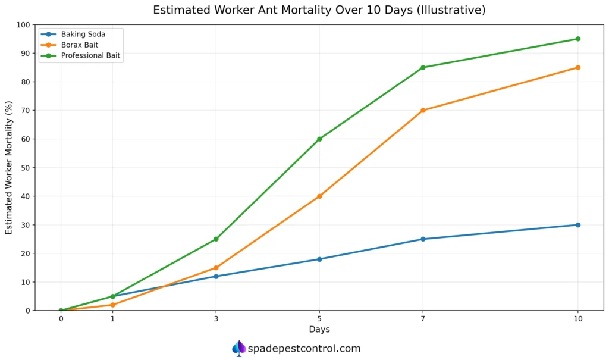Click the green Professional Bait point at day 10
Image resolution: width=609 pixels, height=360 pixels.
coord(577,39)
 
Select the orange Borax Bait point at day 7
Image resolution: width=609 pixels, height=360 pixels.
coord(423,110)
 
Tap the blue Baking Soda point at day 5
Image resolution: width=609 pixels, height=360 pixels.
coord(319,259)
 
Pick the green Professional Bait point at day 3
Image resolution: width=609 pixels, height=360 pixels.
coord(216,239)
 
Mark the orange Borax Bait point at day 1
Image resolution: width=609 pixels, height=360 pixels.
coord(112,305)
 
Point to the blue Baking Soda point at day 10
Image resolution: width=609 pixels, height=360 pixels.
coord(577,225)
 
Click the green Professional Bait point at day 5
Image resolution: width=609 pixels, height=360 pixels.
coord(319,139)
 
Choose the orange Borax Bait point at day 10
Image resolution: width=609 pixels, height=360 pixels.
coord(577,67)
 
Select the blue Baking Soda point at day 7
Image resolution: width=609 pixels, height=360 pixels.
coord(423,239)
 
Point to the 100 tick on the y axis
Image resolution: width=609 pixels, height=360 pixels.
coord(23,25)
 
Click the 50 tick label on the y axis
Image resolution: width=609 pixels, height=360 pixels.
coord(26,168)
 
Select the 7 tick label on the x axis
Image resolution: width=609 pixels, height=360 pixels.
coord(423,319)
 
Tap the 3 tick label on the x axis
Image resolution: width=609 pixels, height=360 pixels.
coord(216,319)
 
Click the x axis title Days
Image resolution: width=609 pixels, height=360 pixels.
coord(319,330)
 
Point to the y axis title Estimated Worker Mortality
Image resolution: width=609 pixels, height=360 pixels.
coord(9,167)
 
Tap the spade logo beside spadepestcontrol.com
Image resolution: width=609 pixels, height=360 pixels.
coord(238,348)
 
